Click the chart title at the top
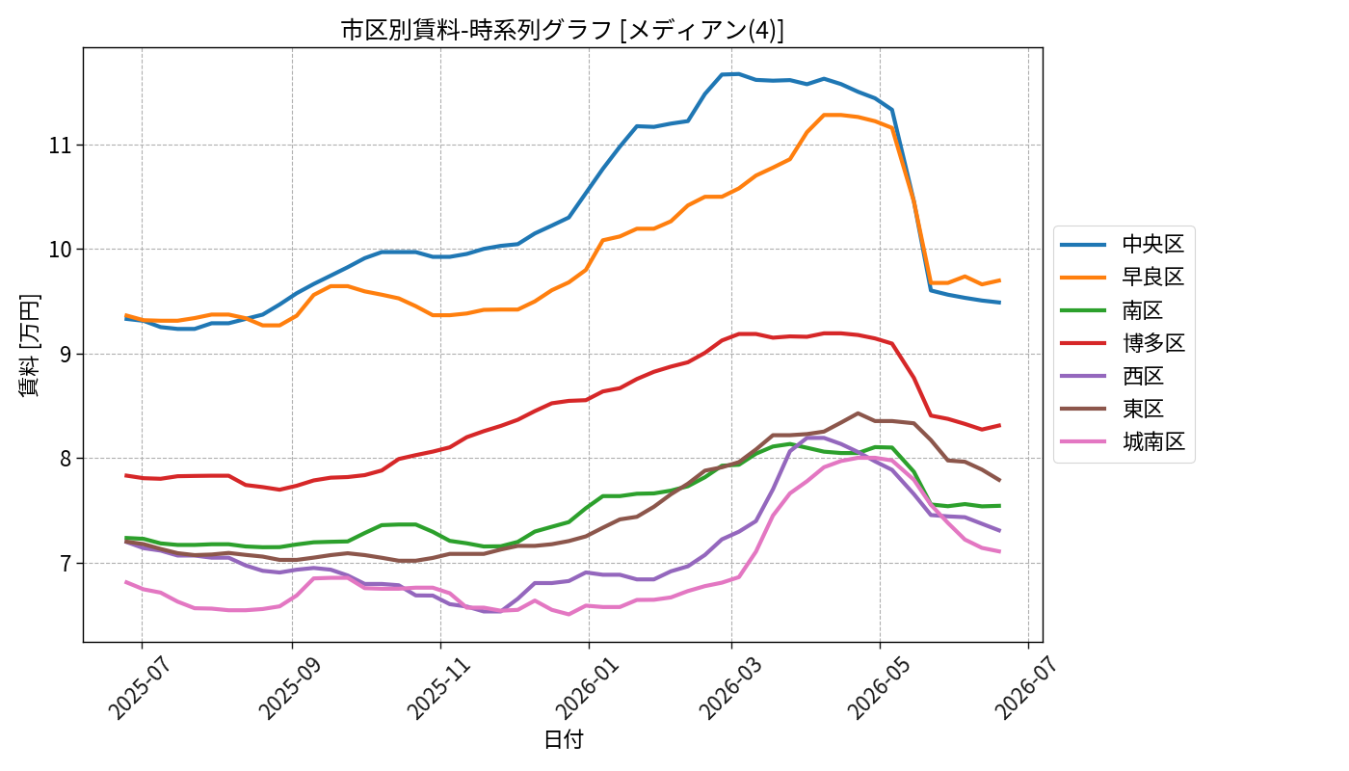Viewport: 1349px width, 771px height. pos(563,30)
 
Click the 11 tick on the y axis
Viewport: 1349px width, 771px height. pos(60,146)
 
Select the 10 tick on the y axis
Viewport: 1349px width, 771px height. pos(60,250)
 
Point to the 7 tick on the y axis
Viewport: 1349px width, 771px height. pos(66,563)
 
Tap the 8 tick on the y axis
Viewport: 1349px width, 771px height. pos(66,459)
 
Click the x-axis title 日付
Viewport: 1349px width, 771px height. pos(563,740)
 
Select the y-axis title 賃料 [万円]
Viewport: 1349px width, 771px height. pos(29,345)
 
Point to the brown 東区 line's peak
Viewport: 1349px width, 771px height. pos(858,413)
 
